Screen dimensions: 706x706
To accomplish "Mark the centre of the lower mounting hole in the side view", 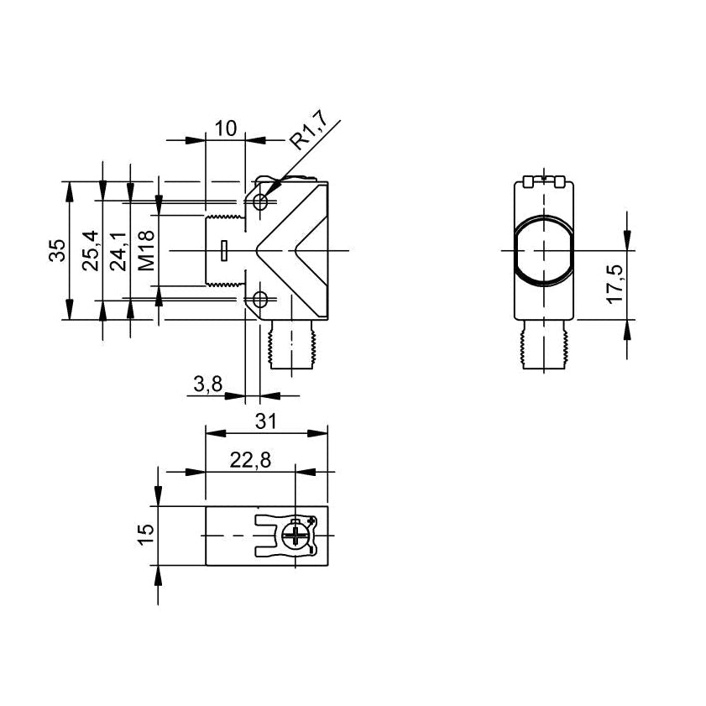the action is point(259,299).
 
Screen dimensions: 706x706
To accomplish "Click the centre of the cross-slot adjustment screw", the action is point(295,536).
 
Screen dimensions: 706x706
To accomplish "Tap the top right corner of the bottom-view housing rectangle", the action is point(327,506).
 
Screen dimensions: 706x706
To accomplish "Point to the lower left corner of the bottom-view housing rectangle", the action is point(206,565).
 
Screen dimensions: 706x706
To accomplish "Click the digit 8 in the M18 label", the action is point(147,238).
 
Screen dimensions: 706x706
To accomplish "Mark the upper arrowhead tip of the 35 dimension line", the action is point(69,182).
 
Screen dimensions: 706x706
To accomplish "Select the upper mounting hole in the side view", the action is point(260,201).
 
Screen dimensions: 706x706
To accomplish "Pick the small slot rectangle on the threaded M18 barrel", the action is point(224,251).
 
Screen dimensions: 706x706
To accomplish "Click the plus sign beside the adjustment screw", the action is point(311,520).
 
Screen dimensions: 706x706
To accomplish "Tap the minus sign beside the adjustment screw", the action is point(311,550).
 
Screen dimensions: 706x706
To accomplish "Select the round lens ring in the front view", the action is point(544,250).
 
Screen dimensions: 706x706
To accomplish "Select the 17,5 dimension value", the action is point(615,284).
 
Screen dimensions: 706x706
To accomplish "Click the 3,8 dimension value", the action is point(208,384).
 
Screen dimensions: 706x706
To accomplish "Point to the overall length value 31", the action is point(265,421).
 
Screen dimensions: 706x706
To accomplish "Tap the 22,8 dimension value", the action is point(250,460).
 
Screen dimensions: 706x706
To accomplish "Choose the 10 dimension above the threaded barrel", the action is point(226,128).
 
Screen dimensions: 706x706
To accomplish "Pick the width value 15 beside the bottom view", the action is point(146,535).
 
